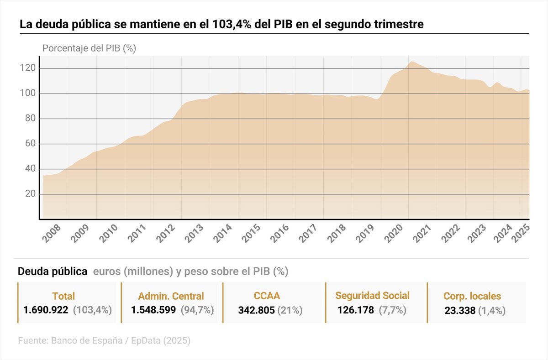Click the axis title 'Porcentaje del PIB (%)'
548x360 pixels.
89,48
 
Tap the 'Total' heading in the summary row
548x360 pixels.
63,296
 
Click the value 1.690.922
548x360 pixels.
46,310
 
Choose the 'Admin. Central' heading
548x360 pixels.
171,296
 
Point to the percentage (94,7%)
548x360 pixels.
197,310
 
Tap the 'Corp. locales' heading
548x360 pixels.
472,296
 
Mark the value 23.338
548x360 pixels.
460,311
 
